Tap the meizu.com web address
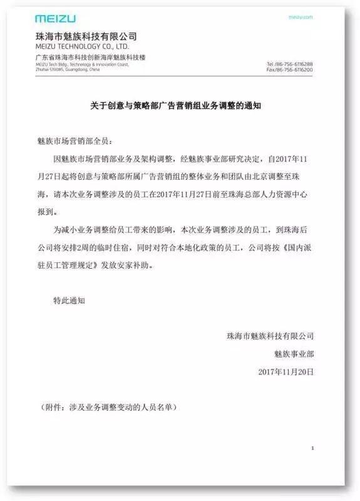coord(301,18)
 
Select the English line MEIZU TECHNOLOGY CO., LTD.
coord(82,46)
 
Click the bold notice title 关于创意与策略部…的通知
coord(180,106)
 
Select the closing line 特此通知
coord(69,301)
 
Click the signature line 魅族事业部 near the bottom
coord(291,354)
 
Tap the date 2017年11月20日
coord(286,371)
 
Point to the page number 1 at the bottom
coord(312,448)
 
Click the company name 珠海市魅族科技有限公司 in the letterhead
coord(86,36)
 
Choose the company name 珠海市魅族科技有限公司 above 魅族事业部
coord(270,336)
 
